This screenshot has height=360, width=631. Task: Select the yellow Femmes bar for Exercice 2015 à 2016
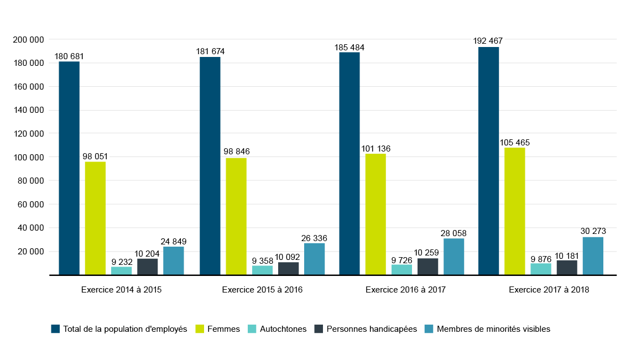pyautogui.click(x=236, y=216)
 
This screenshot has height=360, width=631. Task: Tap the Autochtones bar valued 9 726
pyautogui.click(x=402, y=269)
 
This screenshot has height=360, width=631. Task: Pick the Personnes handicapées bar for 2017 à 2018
pyautogui.click(x=567, y=267)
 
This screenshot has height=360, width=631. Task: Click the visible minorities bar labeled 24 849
pyautogui.click(x=174, y=260)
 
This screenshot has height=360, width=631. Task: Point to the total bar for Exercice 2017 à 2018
pyautogui.click(x=488, y=160)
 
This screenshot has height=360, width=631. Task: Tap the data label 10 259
pyautogui.click(x=427, y=253)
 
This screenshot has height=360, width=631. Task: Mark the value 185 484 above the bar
pyautogui.click(x=350, y=48)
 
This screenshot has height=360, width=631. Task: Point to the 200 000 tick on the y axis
pyautogui.click(x=28, y=40)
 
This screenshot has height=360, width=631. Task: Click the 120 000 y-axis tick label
pyautogui.click(x=28, y=134)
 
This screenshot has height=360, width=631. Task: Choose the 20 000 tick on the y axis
pyautogui.click(x=30, y=252)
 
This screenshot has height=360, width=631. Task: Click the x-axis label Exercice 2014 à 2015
pyautogui.click(x=121, y=289)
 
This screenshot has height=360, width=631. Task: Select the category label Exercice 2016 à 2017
pyautogui.click(x=405, y=289)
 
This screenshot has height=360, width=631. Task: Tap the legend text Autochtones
pyautogui.click(x=283, y=329)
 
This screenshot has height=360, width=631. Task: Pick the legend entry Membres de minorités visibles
pyautogui.click(x=493, y=329)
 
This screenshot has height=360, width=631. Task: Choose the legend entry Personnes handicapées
pyautogui.click(x=372, y=329)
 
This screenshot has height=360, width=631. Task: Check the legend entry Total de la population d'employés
pyautogui.click(x=125, y=329)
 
